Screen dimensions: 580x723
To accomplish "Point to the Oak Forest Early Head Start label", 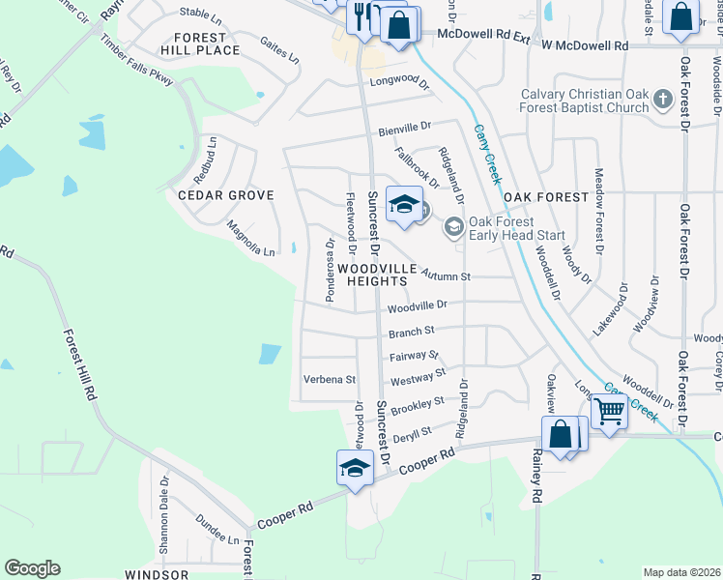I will click(516, 228).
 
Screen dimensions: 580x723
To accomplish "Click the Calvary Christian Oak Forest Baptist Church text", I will click(585, 101).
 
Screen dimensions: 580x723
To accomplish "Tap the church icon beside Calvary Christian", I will click(662, 99).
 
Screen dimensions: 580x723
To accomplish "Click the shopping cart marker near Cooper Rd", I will click(609, 413).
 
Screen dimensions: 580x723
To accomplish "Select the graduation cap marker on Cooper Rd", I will click(355, 469).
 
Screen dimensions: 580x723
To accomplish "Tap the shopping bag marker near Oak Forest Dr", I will click(681, 18).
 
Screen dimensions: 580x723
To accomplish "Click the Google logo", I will click(32, 568).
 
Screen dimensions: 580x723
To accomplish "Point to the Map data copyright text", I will click(681, 572).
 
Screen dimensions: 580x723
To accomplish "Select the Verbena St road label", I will click(330, 380).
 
